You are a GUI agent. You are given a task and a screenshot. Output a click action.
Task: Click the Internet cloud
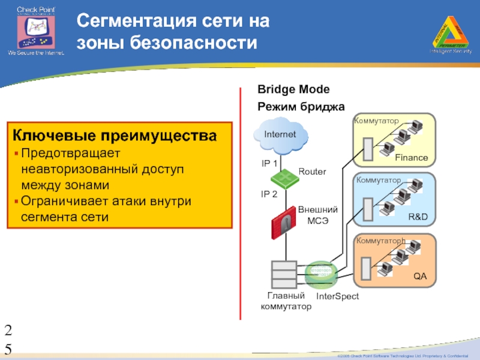[281, 134]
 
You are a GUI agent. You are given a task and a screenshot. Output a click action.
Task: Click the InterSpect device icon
[320, 275]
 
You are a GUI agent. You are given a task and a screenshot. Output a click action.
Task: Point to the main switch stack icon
[283, 275]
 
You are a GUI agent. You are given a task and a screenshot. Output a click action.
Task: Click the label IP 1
[269, 163]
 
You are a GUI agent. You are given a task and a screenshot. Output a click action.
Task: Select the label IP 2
[269, 194]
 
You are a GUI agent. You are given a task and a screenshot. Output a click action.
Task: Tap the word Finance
[412, 158]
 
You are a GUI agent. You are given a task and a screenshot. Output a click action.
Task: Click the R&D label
[418, 216]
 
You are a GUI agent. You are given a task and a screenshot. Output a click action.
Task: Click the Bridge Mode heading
[293, 89]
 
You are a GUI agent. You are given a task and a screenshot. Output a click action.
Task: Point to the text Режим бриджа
[301, 106]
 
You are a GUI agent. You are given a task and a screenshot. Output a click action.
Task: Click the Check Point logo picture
[35, 29]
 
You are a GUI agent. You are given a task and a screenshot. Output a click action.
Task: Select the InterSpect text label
[337, 297]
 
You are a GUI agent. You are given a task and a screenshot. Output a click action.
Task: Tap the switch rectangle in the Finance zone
[366, 148]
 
